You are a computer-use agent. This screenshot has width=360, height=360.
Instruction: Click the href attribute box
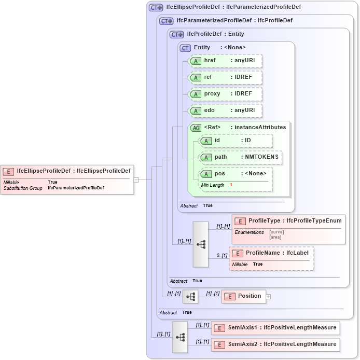coord(225,61)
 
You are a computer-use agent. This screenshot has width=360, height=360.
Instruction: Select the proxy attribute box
coord(225,94)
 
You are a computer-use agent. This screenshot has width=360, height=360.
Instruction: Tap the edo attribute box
coord(225,110)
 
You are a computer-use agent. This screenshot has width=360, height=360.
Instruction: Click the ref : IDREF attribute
coord(225,77)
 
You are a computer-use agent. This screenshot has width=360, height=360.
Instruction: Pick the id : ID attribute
coord(236,141)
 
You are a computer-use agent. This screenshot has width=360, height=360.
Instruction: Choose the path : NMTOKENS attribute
coord(241,157)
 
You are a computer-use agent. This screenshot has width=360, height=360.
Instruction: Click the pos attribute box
coord(236,174)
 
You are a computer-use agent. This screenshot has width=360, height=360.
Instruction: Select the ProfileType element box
coord(288,221)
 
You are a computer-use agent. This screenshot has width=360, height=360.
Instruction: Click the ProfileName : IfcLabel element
coord(272,253)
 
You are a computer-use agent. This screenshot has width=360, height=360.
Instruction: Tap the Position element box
coord(244,296)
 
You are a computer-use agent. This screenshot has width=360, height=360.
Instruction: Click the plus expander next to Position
coord(269,297)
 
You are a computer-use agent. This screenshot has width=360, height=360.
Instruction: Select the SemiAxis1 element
coord(275,328)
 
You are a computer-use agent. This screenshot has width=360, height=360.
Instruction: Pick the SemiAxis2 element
coord(275,344)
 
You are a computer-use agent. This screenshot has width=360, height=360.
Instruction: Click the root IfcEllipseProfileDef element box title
coord(67,171)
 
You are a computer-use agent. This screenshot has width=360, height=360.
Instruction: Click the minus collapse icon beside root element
coord(136,180)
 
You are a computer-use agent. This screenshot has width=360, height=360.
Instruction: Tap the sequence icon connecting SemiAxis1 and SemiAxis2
coord(180,337)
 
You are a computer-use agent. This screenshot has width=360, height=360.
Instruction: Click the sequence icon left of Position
coord(190,296)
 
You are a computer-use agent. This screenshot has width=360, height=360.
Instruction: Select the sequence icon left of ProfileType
coord(200,244)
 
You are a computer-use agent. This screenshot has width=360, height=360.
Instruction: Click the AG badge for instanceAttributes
coord(196,128)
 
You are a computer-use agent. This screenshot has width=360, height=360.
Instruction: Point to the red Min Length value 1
coord(231,185)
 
